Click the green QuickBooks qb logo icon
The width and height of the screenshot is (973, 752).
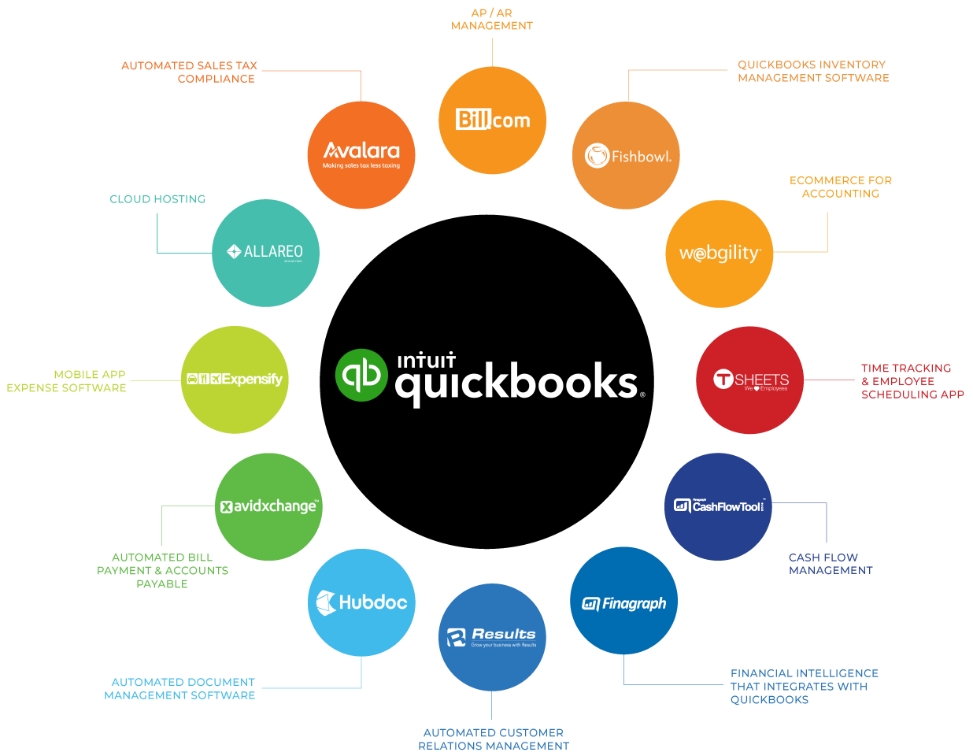click(361, 375)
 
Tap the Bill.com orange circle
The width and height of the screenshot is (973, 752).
click(492, 120)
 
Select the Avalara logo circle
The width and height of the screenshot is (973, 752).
click(361, 154)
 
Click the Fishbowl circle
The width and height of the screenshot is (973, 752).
click(626, 155)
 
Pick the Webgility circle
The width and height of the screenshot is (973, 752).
click(719, 254)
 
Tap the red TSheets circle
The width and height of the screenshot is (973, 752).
click(749, 380)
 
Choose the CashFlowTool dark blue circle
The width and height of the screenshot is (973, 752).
click(718, 506)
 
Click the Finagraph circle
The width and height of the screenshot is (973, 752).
click(623, 602)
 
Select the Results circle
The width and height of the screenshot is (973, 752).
click(492, 637)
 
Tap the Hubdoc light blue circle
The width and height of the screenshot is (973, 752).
click(361, 602)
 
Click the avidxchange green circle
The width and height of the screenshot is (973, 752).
click(268, 506)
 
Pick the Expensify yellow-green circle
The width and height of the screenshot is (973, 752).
click(235, 380)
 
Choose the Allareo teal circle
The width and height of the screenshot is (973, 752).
click(265, 253)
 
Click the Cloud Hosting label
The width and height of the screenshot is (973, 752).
click(157, 199)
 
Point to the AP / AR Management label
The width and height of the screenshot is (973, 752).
click(492, 20)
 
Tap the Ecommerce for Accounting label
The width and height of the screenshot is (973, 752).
click(841, 187)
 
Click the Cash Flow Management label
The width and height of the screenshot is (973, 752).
click(831, 564)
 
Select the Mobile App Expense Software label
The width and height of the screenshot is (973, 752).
click(67, 381)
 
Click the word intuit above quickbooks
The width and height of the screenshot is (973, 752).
click(426, 361)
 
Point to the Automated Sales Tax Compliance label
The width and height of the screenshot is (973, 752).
click(189, 72)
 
